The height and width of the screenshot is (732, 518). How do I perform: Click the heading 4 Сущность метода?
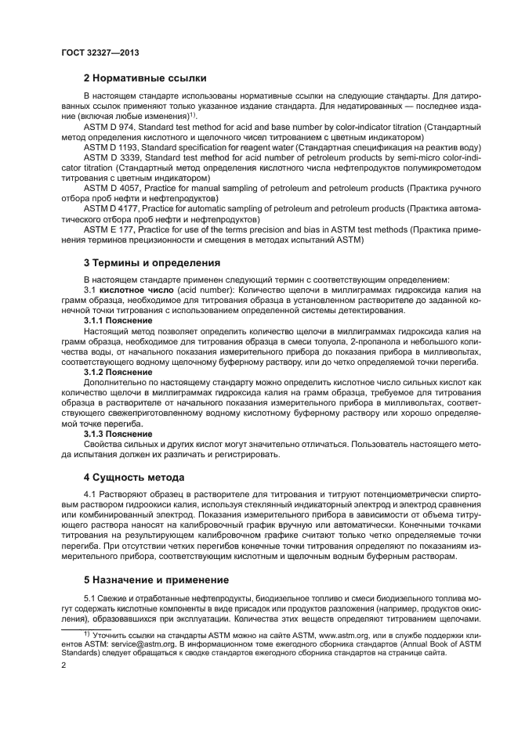tap(134, 477)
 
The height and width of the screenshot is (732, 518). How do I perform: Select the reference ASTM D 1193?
tap(110, 146)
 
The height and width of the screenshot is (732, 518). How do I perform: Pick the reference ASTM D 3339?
tap(110, 157)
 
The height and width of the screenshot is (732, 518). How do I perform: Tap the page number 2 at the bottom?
tap(63, 665)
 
